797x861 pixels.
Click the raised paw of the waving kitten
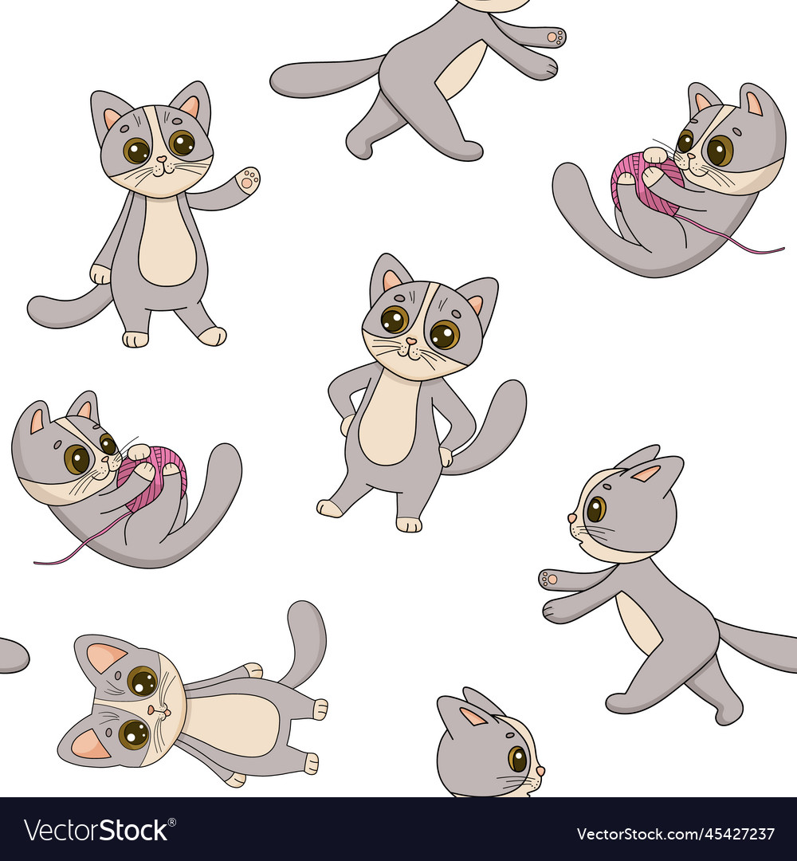coord(249,179)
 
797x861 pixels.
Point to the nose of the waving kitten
coord(160,159)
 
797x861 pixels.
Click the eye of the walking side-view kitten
coord(595,508)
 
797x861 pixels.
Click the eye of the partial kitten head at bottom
coord(517,758)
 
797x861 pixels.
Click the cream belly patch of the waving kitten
coord(167,243)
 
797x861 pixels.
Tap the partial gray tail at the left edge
coord(11,655)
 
